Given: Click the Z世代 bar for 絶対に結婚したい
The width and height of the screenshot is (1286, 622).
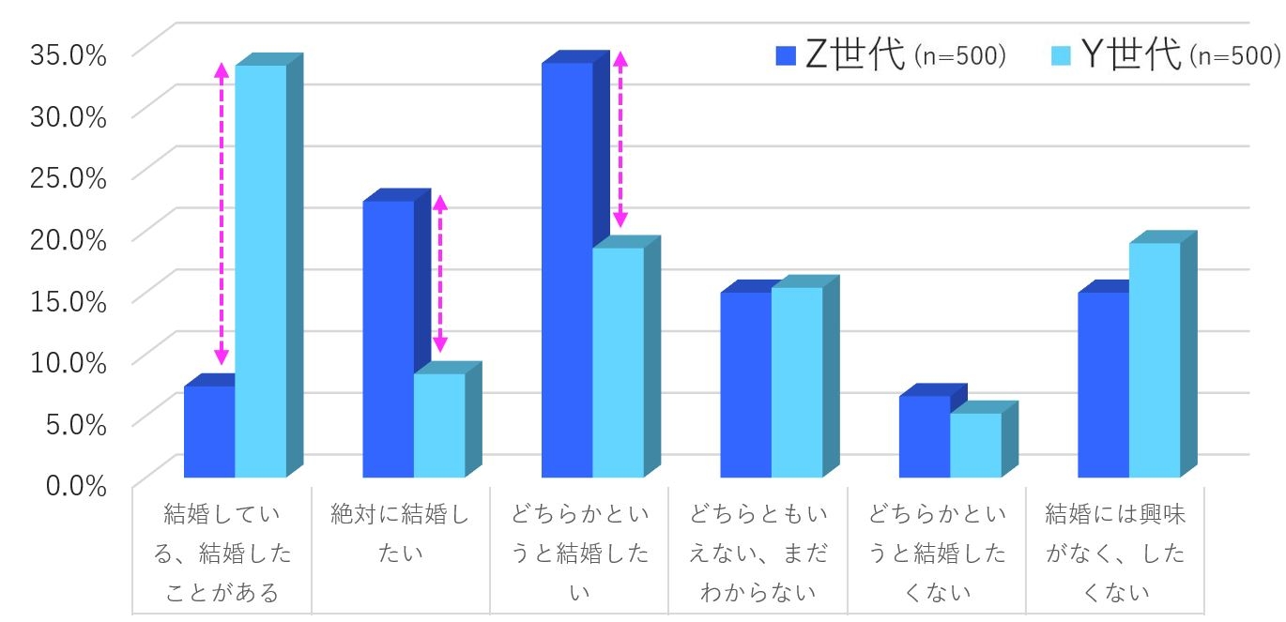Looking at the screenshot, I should coord(388,338).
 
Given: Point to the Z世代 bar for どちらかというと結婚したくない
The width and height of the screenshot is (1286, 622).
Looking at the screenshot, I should coord(925,436).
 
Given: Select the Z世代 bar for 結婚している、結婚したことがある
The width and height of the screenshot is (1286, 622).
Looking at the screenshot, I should coord(209,432).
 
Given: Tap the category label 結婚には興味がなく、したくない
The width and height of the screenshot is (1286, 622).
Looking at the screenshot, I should coord(1115,554).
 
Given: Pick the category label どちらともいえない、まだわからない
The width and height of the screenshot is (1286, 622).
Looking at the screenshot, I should coord(758,554).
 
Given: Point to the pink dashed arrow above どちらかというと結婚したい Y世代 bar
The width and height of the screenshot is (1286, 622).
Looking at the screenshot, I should coord(620,139).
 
